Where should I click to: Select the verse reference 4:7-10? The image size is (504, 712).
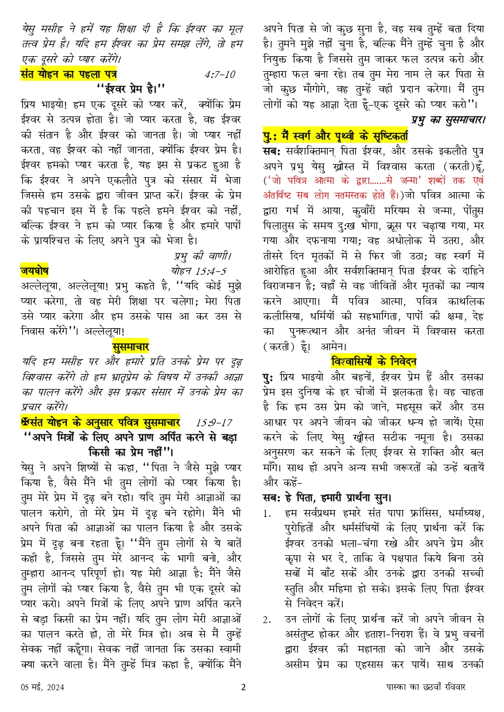pos(219,75)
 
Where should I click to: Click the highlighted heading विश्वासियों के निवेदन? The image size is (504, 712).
pos(373,361)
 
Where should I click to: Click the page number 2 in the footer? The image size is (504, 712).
pos(243,687)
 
